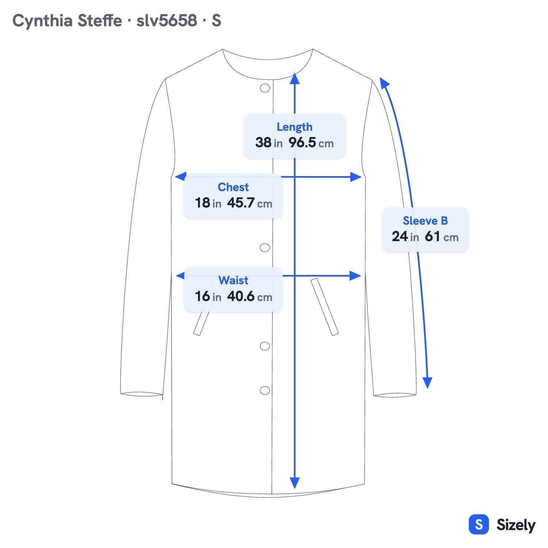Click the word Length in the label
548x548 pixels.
pos(294,127)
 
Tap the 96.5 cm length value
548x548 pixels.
pos(311,142)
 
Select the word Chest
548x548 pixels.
pos(233,187)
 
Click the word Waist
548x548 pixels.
pos(233,280)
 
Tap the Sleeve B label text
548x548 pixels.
pos(425,221)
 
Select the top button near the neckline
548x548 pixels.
pos(265,88)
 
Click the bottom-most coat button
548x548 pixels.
pos(265,390)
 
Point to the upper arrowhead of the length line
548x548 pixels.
pos(295,78)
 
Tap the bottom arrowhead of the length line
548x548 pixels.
pos(295,483)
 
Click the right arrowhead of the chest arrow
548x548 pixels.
pos(356,177)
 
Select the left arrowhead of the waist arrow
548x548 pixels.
pos(181,275)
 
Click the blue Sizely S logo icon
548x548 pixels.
pos(479,525)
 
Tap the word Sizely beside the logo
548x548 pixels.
pos(516,525)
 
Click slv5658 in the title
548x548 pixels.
pos(167,20)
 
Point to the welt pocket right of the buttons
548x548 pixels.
pos(324,307)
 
